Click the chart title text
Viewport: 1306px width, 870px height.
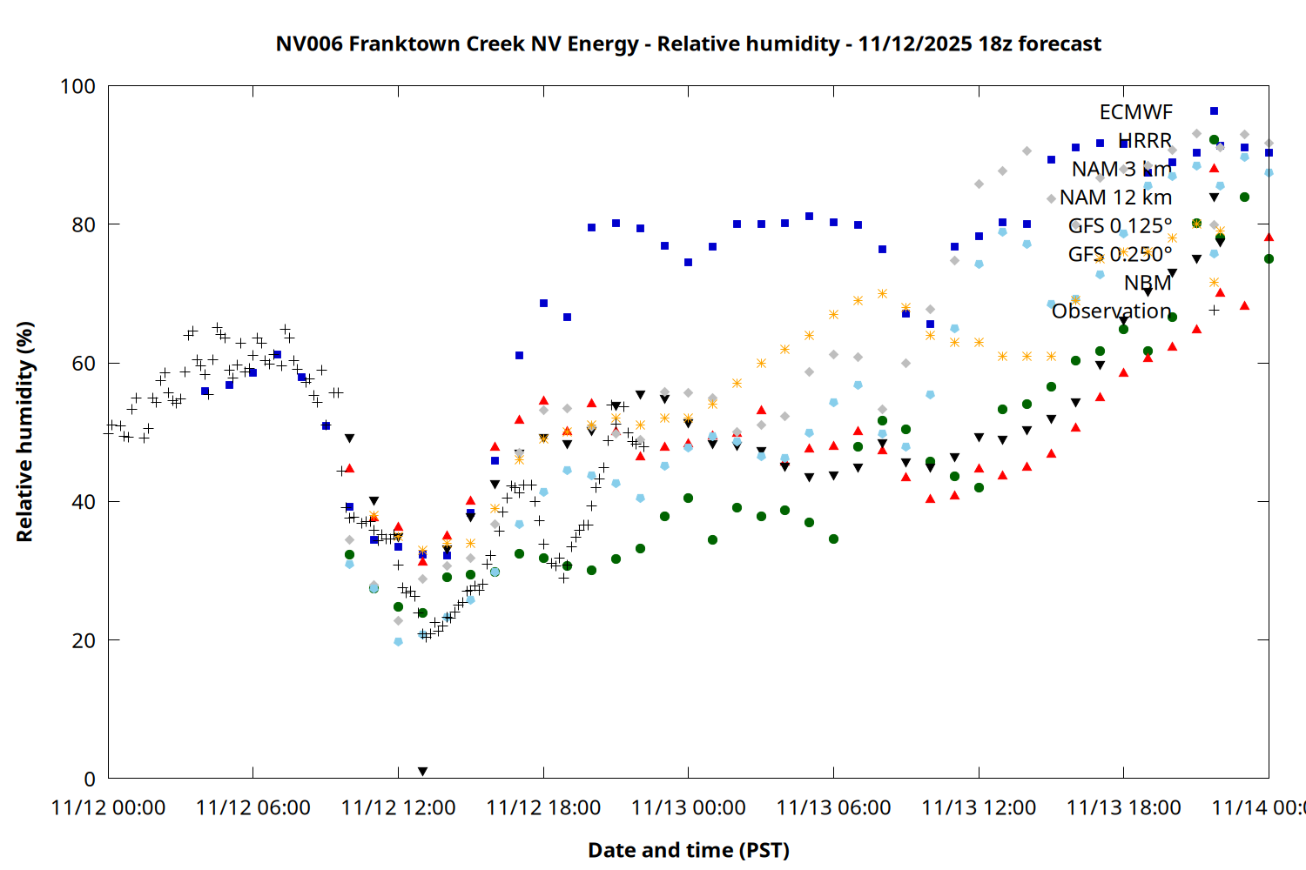pos(688,43)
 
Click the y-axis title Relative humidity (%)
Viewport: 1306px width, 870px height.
pos(24,432)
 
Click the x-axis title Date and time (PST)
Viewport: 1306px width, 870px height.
pos(688,850)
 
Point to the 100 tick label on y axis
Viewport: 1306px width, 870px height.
pos(77,86)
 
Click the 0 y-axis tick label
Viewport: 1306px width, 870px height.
pos(89,779)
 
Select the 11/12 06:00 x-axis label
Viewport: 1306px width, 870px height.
pos(252,807)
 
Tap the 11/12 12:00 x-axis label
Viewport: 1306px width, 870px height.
pos(398,807)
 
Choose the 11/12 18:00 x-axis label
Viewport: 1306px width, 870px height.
pos(543,807)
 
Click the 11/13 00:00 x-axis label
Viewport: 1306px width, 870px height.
pos(688,807)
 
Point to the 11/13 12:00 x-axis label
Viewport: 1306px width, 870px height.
pos(979,807)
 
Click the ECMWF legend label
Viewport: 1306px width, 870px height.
pos(1135,112)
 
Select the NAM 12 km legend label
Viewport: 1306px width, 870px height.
pos(1115,197)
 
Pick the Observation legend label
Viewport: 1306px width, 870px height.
pos(1111,311)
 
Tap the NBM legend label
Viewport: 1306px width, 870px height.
pos(1148,283)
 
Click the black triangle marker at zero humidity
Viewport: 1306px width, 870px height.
pos(422,772)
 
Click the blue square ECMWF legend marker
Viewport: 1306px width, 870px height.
pos(1214,111)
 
